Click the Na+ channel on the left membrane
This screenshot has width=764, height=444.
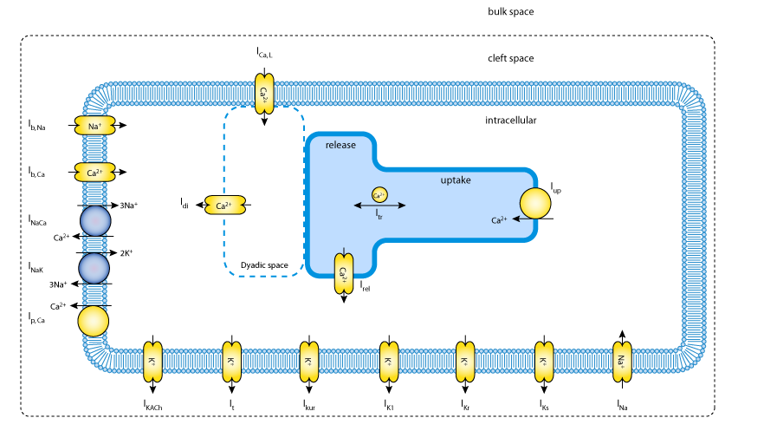(94, 126)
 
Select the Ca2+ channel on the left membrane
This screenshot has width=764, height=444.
(94, 173)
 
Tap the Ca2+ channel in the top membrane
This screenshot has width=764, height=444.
(264, 93)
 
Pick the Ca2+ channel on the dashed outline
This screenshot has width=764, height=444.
(225, 206)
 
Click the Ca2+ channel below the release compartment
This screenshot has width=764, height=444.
(344, 273)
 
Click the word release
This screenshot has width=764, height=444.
(340, 145)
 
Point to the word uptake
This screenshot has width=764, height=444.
(456, 180)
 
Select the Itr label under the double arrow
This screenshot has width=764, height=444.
(379, 215)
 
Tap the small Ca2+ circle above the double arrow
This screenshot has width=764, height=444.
(379, 195)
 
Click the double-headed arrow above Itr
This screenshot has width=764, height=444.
(379, 206)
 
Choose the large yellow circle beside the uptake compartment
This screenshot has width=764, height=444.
(535, 203)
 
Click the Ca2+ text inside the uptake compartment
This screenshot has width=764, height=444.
(499, 220)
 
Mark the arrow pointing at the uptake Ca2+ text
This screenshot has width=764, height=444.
(522, 219)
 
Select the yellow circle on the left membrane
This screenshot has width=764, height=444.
(94, 321)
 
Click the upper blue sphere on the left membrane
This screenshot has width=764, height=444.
(95, 221)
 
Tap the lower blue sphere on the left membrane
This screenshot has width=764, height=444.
(94, 268)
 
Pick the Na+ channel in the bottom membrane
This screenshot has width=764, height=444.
(622, 362)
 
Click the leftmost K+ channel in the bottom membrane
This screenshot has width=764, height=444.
(153, 362)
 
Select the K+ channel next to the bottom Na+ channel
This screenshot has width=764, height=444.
(544, 362)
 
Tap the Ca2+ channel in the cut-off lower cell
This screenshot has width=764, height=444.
(264, 415)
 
